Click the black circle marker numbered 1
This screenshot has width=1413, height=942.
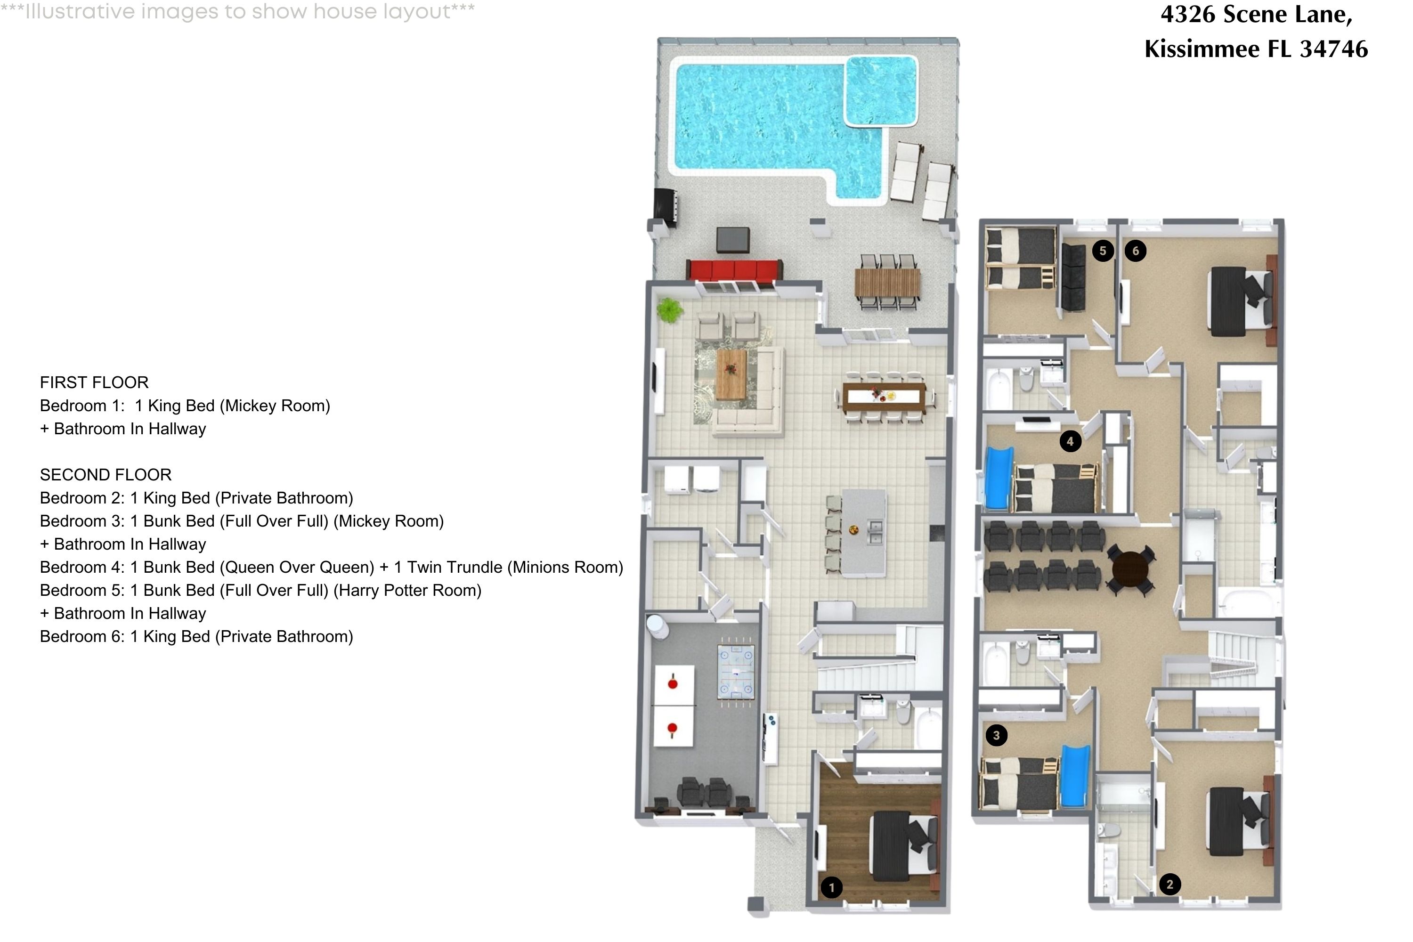[831, 887]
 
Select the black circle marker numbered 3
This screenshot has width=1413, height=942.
[997, 735]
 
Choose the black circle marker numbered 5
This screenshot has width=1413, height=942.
[1103, 251]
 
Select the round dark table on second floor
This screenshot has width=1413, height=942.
[1130, 568]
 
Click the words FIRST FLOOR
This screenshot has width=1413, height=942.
[94, 382]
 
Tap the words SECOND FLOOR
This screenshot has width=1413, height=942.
[105, 475]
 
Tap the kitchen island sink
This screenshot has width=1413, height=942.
[875, 531]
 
